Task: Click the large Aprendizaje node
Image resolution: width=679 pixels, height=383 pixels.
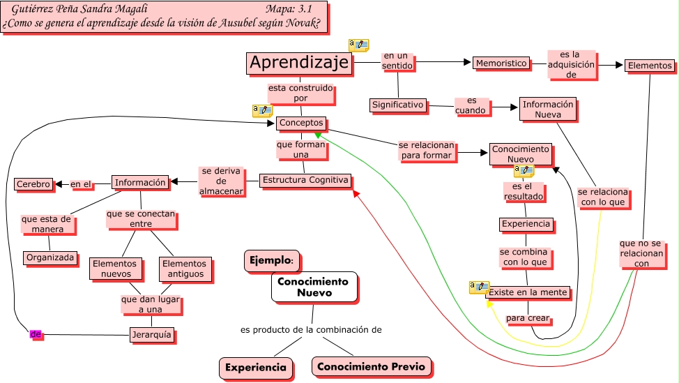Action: [299, 63]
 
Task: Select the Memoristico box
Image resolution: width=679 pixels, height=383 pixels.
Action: [501, 63]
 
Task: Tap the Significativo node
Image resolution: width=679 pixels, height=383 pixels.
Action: [397, 105]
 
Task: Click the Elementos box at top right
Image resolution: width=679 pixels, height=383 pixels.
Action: [649, 66]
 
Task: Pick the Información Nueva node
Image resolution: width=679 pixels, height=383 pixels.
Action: [548, 110]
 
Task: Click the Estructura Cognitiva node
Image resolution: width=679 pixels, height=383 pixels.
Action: [305, 180]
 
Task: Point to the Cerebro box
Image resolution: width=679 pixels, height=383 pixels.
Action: [33, 184]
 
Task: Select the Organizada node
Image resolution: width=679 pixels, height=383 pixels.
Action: [50, 257]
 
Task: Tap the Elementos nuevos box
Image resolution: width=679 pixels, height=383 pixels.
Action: [115, 269]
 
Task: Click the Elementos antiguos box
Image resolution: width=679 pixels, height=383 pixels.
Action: [184, 269]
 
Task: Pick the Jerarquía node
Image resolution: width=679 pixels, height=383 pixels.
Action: [151, 335]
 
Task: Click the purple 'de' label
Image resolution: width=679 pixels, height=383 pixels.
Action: [36, 335]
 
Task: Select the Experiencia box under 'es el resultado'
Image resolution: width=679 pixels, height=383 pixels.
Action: [526, 225]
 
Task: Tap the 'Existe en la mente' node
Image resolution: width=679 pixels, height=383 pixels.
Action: [528, 292]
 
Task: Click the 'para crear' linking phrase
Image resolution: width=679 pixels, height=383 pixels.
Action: [528, 318]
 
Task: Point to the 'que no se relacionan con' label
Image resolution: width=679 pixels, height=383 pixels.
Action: [641, 254]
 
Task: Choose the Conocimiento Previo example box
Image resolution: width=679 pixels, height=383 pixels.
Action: [371, 366]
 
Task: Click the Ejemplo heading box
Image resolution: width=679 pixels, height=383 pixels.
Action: [271, 260]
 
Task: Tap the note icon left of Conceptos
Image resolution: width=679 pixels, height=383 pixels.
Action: [262, 110]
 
